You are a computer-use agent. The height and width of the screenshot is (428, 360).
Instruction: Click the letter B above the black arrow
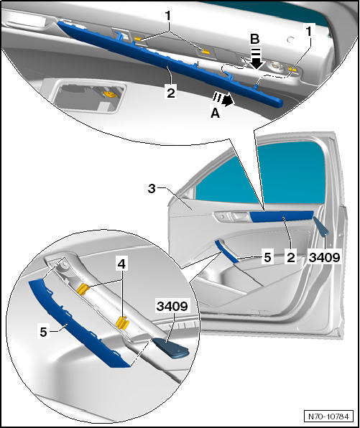pyautogui.click(x=254, y=39)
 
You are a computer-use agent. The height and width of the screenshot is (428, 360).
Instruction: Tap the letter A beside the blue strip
pyautogui.click(x=216, y=113)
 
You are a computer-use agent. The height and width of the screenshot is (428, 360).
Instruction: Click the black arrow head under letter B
pyautogui.click(x=257, y=64)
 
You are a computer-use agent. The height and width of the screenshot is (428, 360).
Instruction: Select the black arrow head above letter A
pyautogui.click(x=229, y=100)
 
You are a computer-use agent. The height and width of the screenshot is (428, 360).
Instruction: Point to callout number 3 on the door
pyautogui.click(x=152, y=188)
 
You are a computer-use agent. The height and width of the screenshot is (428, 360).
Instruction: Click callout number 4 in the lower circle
pyautogui.click(x=121, y=264)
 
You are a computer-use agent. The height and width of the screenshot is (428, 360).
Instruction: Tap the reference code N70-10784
pyautogui.click(x=328, y=417)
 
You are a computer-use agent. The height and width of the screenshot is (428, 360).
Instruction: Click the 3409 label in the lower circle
pyautogui.click(x=172, y=306)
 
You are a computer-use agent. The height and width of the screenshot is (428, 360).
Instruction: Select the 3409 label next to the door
pyautogui.click(x=325, y=257)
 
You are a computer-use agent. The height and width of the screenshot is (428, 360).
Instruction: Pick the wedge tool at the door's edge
pyautogui.click(x=321, y=226)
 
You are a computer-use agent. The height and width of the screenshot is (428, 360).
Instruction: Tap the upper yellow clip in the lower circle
pyautogui.click(x=83, y=289)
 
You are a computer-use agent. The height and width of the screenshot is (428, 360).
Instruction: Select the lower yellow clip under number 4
pyautogui.click(x=122, y=322)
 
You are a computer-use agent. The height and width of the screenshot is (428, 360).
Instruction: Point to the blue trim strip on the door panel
pyautogui.click(x=282, y=216)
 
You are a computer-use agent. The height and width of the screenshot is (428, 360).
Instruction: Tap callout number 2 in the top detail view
pyautogui.click(x=171, y=93)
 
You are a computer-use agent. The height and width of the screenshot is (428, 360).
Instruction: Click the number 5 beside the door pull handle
pyautogui.click(x=267, y=257)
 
